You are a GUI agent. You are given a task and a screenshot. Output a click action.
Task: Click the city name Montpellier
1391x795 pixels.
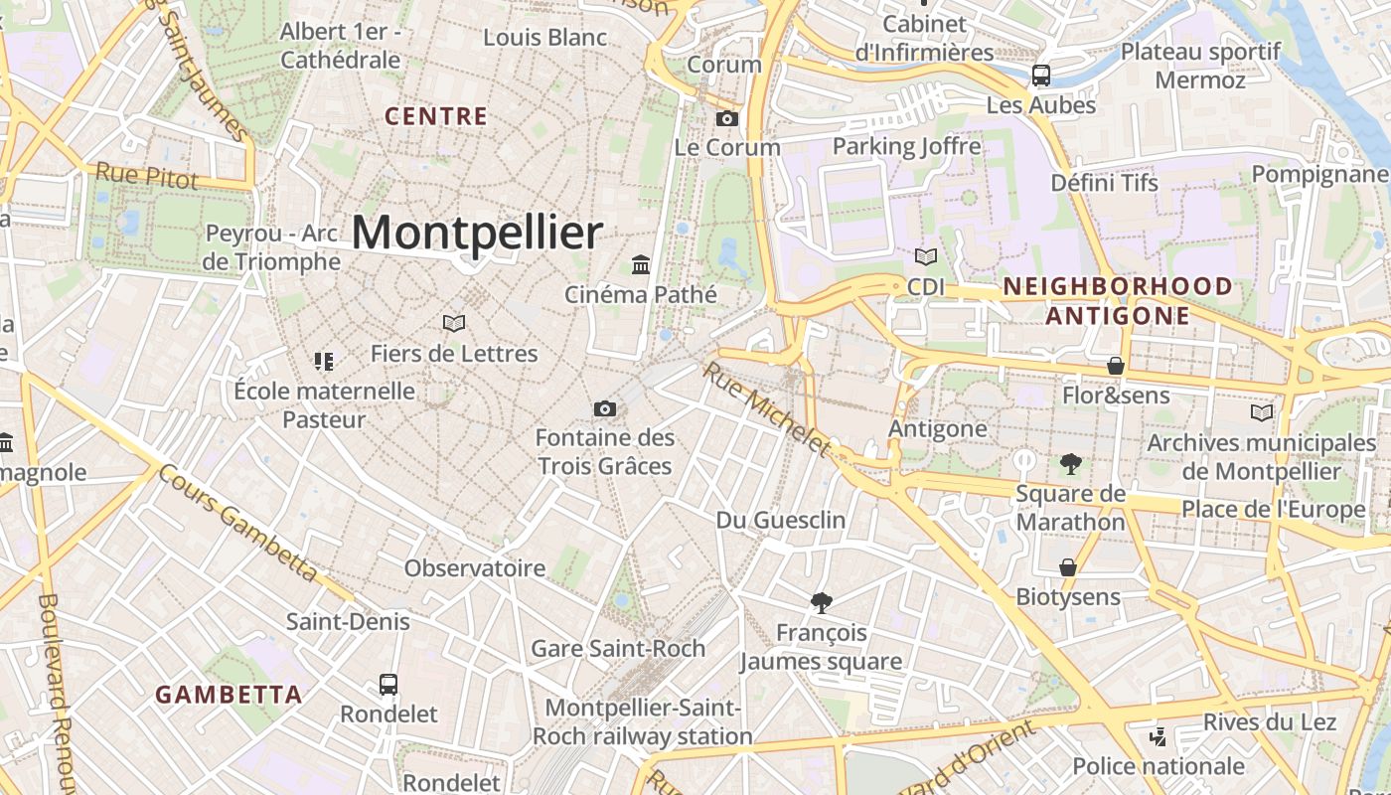pos(477,233)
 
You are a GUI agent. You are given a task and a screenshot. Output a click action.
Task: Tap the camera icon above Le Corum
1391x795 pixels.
pos(727,119)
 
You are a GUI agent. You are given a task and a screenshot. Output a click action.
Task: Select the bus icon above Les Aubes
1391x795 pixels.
pos(1041,75)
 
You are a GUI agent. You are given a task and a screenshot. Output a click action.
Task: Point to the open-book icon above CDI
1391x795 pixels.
pos(926,257)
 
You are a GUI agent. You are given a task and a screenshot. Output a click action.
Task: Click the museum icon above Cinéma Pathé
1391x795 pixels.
pos(641,265)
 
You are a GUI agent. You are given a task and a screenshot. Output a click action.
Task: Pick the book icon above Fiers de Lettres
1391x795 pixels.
pos(454,324)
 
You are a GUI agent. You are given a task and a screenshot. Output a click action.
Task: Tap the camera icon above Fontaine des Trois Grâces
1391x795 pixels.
pos(604,408)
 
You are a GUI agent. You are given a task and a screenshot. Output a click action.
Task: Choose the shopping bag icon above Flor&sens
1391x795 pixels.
pos(1116,367)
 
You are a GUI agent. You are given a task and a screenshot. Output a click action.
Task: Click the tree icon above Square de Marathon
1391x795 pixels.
pos(1070,463)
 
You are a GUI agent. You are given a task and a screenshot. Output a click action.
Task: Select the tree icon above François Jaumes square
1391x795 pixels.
pos(821,602)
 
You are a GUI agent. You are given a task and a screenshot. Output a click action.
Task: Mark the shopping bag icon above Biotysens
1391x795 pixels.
pos(1068,567)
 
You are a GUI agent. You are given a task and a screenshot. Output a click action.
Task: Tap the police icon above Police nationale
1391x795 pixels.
pos(1158,736)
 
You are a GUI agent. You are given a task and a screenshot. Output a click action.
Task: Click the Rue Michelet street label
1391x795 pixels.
pos(766,408)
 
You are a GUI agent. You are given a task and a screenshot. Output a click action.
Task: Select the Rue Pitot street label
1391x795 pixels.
pos(147,177)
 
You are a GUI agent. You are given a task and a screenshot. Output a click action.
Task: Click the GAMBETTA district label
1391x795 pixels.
pos(229,695)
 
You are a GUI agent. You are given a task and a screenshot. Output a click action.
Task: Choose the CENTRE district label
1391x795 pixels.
pos(436,116)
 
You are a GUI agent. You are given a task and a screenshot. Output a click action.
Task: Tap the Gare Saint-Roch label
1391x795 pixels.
pos(618,649)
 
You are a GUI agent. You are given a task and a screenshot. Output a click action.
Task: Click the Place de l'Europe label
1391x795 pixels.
pos(1273,510)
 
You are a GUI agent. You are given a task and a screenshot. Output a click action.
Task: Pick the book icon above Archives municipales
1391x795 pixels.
pos(1262,412)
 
